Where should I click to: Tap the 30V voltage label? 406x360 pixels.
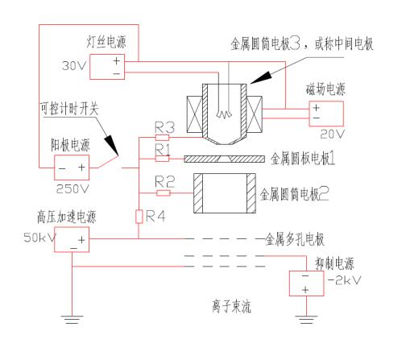pyautogui.click(x=74, y=66)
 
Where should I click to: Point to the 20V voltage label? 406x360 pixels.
pyautogui.click(x=332, y=134)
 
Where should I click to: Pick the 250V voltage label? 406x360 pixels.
pyautogui.click(x=72, y=189)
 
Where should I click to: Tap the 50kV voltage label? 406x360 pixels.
pyautogui.click(x=39, y=238)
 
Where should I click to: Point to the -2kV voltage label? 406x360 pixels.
pyautogui.click(x=345, y=280)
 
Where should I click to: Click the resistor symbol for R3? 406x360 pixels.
pyautogui.click(x=162, y=138)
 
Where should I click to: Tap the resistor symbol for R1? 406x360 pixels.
pyautogui.click(x=162, y=159)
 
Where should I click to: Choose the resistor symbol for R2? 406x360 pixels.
pyautogui.click(x=164, y=193)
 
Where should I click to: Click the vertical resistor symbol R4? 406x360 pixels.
pyautogui.click(x=139, y=217)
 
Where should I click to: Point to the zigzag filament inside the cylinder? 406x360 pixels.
pyautogui.click(x=224, y=114)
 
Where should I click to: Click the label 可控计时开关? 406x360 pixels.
pyautogui.click(x=69, y=109)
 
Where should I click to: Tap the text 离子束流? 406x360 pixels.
pyautogui.click(x=232, y=307)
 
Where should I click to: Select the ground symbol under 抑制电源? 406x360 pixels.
pyautogui.click(x=306, y=320)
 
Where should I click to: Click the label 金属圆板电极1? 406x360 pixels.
pyautogui.click(x=303, y=159)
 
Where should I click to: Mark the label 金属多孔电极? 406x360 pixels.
pyautogui.click(x=295, y=239)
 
